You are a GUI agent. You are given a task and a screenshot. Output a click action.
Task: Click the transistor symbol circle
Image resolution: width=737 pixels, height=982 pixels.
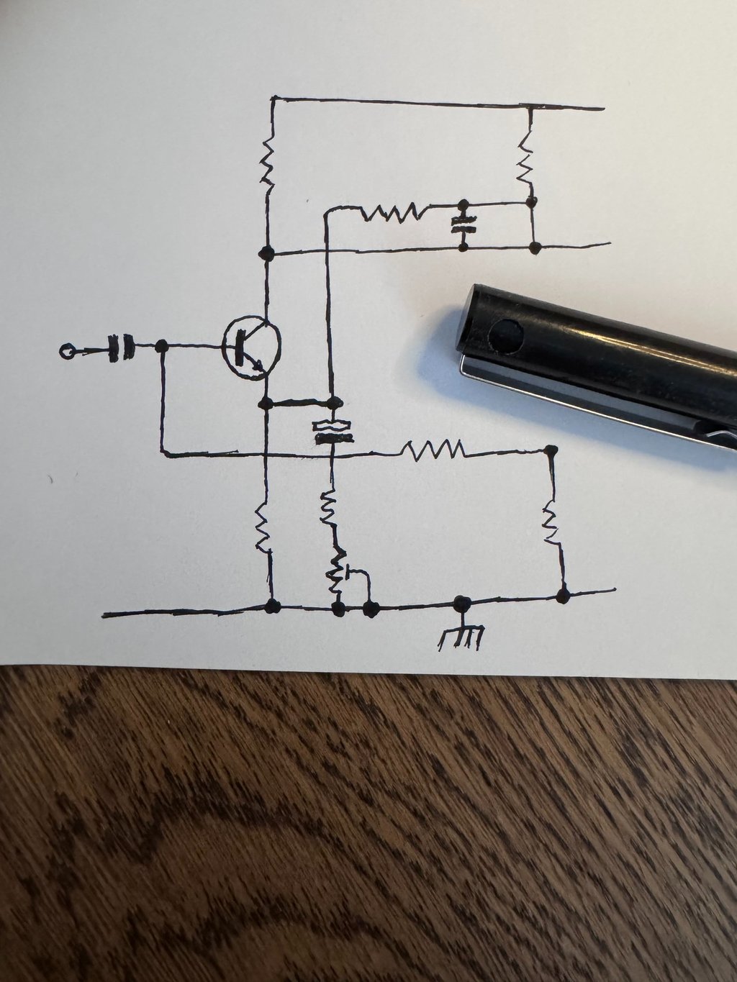250,347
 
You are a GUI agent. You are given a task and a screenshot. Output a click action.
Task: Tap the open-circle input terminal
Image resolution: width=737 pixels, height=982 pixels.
67,352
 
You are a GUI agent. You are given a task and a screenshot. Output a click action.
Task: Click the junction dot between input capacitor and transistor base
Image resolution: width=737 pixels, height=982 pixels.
162,347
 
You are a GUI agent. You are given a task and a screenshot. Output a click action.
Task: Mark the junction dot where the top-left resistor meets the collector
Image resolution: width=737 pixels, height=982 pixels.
266,253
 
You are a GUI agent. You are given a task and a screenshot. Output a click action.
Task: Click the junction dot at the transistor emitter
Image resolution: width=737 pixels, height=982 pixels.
266,402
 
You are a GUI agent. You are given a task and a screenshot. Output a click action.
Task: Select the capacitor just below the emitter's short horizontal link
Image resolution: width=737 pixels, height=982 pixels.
333,432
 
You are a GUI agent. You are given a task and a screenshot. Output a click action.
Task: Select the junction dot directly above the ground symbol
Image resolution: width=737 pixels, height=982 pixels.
461,603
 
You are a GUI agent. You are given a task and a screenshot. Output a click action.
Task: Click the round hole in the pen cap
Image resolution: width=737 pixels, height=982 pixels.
507,334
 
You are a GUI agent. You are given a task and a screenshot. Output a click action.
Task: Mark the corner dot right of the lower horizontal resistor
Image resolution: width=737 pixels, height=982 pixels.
551,451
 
